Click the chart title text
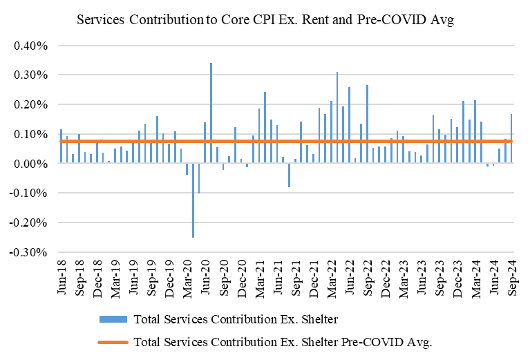265,20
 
